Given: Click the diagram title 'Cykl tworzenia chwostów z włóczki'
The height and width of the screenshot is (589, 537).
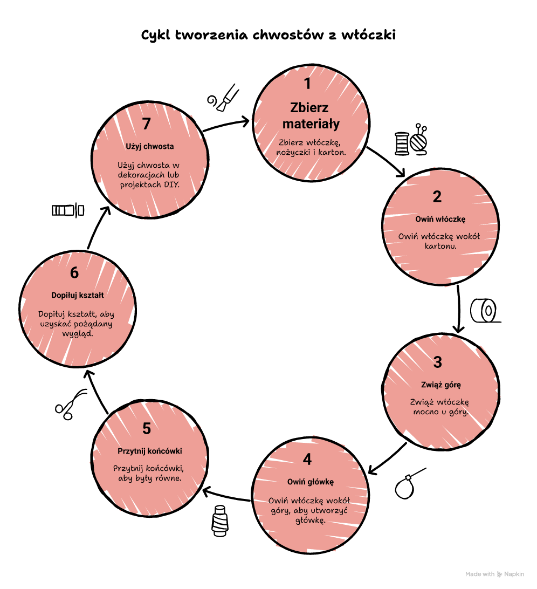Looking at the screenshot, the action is click(x=268, y=35).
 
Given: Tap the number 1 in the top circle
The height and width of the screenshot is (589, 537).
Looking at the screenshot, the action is click(x=307, y=84).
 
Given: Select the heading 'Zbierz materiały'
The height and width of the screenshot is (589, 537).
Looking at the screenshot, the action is click(x=311, y=115).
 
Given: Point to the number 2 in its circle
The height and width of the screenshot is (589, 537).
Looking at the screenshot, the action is click(x=437, y=197).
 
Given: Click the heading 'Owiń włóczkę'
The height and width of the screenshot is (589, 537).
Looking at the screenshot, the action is click(x=440, y=219).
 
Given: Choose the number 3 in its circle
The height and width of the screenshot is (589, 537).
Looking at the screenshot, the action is click(x=437, y=362).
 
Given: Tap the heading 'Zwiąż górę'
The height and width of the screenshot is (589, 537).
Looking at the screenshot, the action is click(x=441, y=385).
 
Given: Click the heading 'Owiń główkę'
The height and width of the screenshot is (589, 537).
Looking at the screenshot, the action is click(x=310, y=482).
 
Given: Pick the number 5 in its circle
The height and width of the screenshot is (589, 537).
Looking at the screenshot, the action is click(x=147, y=429).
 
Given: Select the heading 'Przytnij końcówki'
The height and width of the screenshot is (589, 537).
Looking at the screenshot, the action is click(x=149, y=451).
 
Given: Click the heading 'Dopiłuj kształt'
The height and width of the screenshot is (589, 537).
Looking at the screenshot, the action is click(x=77, y=295).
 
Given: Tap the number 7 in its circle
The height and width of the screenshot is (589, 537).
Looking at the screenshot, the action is click(x=147, y=124).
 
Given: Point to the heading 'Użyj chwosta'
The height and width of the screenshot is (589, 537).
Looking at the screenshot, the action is click(x=149, y=147).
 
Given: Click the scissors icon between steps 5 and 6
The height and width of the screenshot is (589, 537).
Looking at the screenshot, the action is click(x=70, y=405).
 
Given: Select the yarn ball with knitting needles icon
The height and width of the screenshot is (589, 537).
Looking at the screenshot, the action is click(x=419, y=139).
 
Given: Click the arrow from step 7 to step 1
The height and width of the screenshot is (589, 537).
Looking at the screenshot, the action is click(x=226, y=124).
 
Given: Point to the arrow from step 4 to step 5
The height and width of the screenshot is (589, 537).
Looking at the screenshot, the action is click(x=226, y=496).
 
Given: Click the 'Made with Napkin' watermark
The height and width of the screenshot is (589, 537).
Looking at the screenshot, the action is click(x=494, y=574).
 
